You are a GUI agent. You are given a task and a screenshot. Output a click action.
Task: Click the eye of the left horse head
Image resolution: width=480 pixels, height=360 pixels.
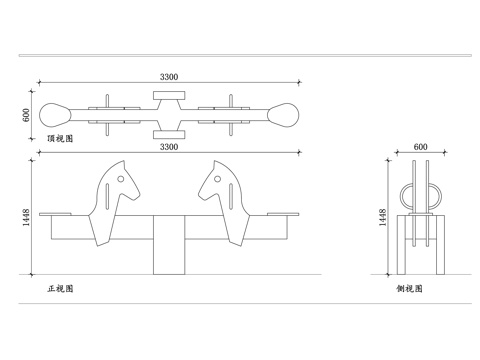(121, 179)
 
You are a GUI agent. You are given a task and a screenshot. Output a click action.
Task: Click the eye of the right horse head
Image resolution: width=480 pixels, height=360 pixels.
(217, 179)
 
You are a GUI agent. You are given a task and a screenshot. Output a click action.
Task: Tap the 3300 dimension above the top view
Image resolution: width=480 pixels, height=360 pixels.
(169, 77)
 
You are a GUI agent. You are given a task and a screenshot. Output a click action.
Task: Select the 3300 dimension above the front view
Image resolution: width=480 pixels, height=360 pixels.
(169, 147)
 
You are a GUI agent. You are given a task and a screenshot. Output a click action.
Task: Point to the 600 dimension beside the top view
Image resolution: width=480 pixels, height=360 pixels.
(26, 115)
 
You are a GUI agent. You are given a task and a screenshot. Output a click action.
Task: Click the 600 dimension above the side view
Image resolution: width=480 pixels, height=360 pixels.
(420, 147)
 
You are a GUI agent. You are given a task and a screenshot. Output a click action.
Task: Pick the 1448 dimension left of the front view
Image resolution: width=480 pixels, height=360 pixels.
(26, 217)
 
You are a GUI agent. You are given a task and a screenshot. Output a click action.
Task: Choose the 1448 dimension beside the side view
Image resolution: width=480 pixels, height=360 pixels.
(383, 217)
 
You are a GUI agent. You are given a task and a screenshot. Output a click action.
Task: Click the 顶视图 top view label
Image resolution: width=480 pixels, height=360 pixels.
(60, 139)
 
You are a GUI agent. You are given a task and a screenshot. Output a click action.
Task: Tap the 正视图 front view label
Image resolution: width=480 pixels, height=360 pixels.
(60, 289)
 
